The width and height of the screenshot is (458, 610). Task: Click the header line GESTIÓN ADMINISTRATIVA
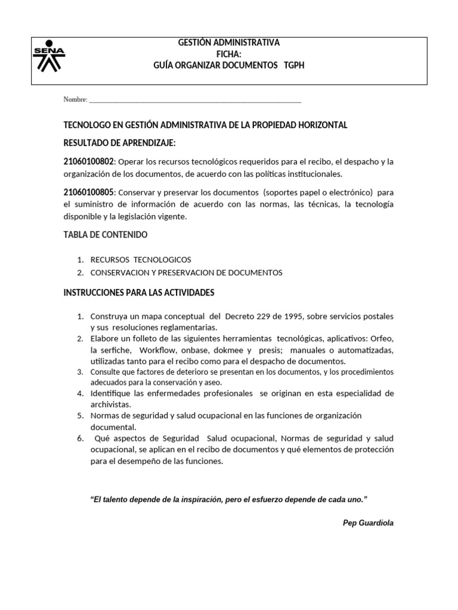click(229, 43)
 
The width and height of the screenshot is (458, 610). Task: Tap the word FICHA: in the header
click(229, 54)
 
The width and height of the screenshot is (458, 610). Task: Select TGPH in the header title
click(295, 65)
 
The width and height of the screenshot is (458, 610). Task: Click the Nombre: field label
click(75, 99)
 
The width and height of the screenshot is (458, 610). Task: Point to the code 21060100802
click(89, 162)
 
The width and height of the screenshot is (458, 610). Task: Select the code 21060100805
click(89, 192)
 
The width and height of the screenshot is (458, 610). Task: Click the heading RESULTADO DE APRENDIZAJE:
click(120, 144)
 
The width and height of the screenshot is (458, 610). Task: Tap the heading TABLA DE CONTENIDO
click(106, 235)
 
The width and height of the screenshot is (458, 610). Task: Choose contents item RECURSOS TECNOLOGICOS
click(141, 260)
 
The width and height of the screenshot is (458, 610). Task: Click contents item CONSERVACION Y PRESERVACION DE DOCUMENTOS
click(186, 273)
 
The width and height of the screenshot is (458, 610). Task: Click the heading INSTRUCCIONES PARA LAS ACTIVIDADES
click(139, 292)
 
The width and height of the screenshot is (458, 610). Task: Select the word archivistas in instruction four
click(110, 404)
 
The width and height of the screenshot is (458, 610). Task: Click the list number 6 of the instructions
click(80, 438)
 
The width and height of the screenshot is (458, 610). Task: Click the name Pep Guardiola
click(368, 522)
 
